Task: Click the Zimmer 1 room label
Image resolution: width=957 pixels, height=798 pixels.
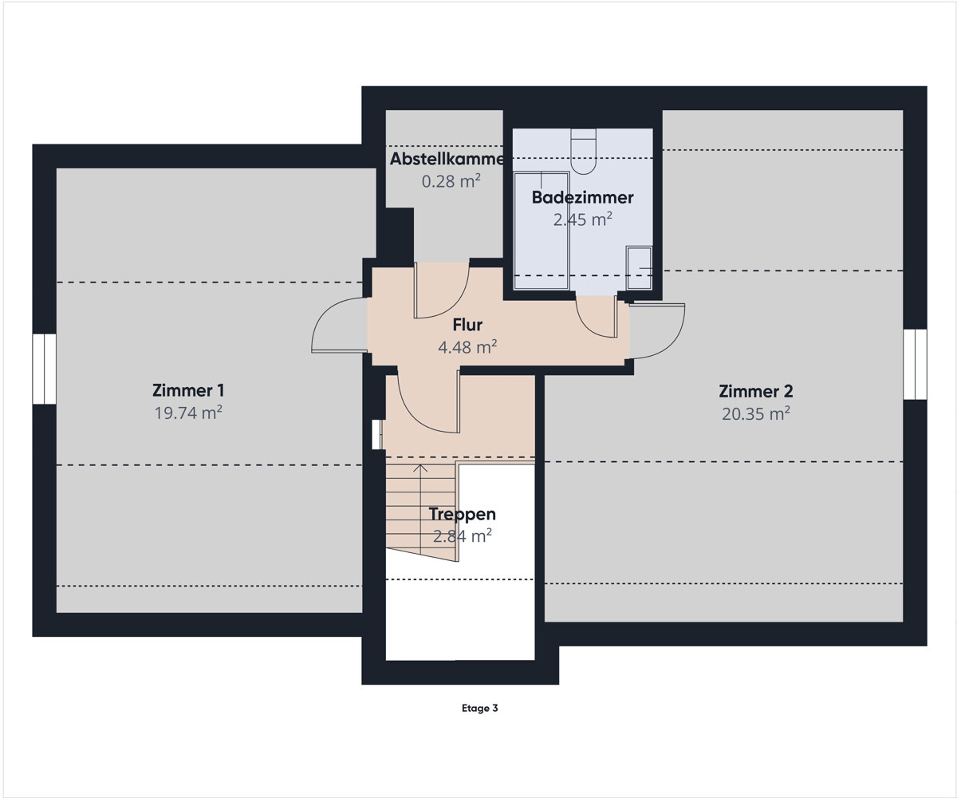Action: [188, 391]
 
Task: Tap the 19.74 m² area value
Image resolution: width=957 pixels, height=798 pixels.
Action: [188, 413]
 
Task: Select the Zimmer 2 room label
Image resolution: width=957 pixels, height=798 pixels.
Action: [756, 392]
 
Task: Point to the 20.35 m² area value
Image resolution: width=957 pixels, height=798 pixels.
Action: [756, 413]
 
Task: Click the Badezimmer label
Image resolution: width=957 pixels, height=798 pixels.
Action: [582, 198]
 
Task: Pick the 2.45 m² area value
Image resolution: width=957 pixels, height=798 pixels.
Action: [582, 219]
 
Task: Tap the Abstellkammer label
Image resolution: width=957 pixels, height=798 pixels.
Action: [447, 159]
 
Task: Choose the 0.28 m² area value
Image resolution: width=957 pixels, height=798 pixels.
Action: [451, 181]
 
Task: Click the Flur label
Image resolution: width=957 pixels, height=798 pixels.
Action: [467, 325]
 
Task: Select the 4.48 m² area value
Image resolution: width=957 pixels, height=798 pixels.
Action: [467, 346]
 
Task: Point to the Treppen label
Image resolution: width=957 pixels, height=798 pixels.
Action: [462, 515]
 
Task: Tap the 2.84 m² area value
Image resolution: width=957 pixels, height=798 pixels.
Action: [462, 535]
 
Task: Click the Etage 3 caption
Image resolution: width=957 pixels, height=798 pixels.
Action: [479, 708]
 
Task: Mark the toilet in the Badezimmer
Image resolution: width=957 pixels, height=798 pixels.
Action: [584, 152]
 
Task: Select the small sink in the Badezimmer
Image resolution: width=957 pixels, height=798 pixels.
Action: [639, 268]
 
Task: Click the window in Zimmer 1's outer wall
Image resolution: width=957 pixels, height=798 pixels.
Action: [45, 369]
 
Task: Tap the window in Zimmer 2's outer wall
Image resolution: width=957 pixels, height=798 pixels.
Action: [915, 364]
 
